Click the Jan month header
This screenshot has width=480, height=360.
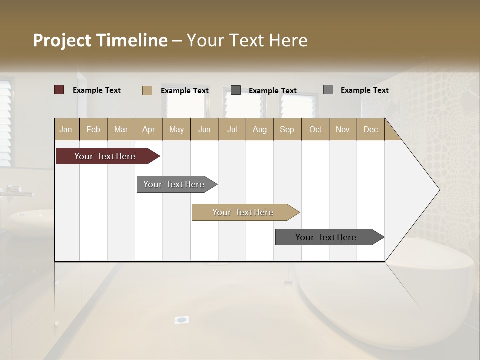click(66, 129)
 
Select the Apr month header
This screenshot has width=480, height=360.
click(149, 129)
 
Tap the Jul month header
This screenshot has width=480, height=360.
click(232, 129)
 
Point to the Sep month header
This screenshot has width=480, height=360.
click(287, 129)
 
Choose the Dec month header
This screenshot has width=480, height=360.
click(370, 129)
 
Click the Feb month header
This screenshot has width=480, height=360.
click(93, 129)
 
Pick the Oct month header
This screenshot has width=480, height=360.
click(315, 129)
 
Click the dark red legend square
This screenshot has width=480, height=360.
click(59, 90)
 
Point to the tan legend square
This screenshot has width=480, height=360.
click(147, 90)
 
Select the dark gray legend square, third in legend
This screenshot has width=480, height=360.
click(235, 90)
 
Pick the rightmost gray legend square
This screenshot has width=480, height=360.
click(328, 90)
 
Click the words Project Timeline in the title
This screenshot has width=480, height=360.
click(100, 40)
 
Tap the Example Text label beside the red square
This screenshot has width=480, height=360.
click(97, 90)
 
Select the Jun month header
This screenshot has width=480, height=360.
click(204, 129)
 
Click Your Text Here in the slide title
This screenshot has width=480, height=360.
click(247, 40)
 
